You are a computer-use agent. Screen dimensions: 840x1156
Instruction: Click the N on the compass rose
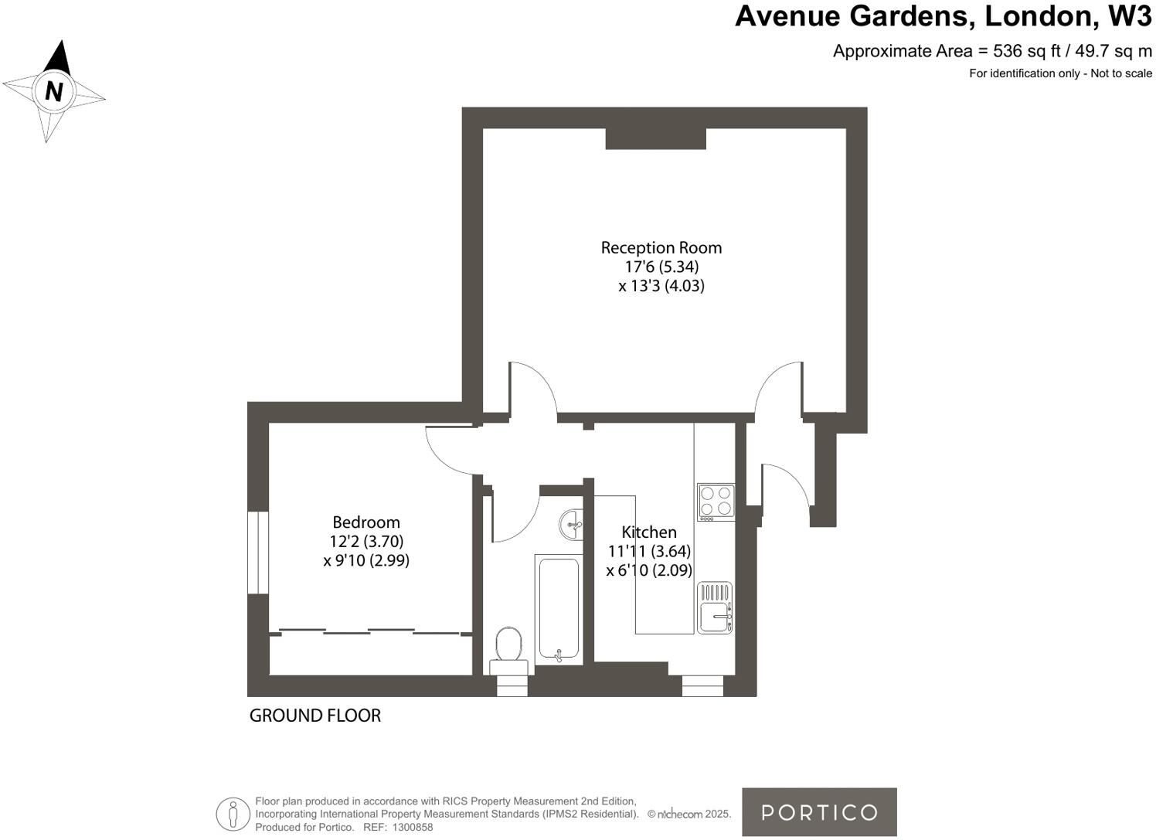53,91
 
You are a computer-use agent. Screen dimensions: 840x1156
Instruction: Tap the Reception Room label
661,248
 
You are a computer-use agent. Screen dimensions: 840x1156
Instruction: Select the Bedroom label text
366,522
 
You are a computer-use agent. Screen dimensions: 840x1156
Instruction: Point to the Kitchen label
649,532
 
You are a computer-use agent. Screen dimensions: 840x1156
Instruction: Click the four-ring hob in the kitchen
716,501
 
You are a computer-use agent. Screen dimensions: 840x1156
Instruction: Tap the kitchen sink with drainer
715,608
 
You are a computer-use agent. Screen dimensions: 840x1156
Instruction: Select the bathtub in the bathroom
557,609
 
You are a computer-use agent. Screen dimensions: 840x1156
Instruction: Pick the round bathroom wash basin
571,525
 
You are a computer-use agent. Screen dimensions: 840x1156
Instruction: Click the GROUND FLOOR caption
315,716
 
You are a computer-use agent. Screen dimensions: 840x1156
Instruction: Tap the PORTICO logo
819,812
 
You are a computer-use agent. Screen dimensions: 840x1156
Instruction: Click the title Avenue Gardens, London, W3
943,16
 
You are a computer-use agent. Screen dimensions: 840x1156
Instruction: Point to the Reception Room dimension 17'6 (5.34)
661,267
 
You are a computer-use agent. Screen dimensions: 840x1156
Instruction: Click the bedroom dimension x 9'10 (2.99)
366,560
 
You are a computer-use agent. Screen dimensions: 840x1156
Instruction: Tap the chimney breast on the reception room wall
655,138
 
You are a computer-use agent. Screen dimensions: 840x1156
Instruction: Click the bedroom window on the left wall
257,553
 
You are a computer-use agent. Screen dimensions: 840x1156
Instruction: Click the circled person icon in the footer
233,814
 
